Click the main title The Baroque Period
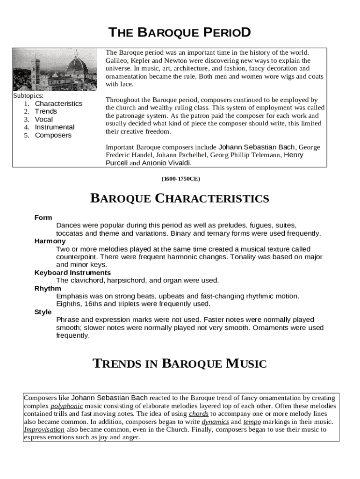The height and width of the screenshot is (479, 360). click(x=180, y=33)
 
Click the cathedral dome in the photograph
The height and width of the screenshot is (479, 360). click(x=77, y=65)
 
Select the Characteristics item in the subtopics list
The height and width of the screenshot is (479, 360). click(x=58, y=103)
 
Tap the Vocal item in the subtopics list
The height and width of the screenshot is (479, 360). click(x=44, y=119)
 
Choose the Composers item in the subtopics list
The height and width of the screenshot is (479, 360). click(x=53, y=135)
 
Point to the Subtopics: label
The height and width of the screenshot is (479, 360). click(x=28, y=95)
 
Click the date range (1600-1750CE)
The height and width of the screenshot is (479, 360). click(x=180, y=179)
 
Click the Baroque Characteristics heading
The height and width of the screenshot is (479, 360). click(x=180, y=199)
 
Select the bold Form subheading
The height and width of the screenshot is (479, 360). click(x=43, y=218)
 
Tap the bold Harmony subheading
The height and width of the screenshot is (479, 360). click(x=50, y=241)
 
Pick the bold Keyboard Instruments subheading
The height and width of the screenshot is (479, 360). click(x=72, y=273)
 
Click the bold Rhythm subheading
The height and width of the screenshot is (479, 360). click(x=48, y=289)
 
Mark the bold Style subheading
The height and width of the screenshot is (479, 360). click(x=43, y=312)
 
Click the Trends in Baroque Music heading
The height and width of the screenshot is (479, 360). click(x=180, y=363)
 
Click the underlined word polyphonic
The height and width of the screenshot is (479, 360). click(x=66, y=406)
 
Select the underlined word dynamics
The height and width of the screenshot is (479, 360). click(x=215, y=421)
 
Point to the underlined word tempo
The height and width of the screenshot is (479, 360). click(x=252, y=421)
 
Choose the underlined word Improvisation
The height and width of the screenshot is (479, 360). click(x=44, y=429)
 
